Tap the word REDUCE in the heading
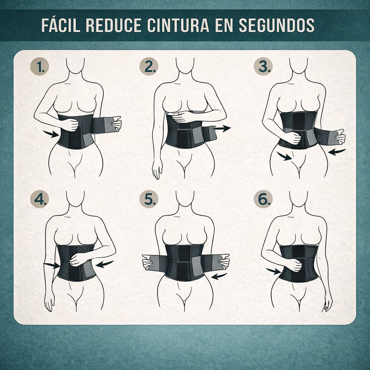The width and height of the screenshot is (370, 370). tap(113, 25)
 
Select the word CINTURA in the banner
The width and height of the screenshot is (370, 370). tap(178, 25)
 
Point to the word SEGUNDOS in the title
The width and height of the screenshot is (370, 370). tap(276, 25)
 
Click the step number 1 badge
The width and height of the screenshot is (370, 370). tap(39, 66)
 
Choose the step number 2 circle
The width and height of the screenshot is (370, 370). tap(149, 66)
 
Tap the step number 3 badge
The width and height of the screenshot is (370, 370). tap(263, 66)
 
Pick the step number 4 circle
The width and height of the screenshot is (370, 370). tap(39, 199)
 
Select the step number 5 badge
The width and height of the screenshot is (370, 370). tap(149, 199)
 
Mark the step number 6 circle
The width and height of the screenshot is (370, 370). tap(263, 199)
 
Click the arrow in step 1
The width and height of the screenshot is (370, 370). tap(51, 134)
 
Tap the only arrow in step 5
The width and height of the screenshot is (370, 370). tap(219, 276)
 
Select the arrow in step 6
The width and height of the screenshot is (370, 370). tap(274, 271)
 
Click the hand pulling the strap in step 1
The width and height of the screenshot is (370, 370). tap(116, 124)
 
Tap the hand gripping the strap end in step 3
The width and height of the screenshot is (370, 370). tap(340, 137)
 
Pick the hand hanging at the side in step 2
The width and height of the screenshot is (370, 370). tap(157, 169)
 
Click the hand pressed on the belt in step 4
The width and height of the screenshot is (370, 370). tap(78, 259)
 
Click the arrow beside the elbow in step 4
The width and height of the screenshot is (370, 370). tap(105, 264)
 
